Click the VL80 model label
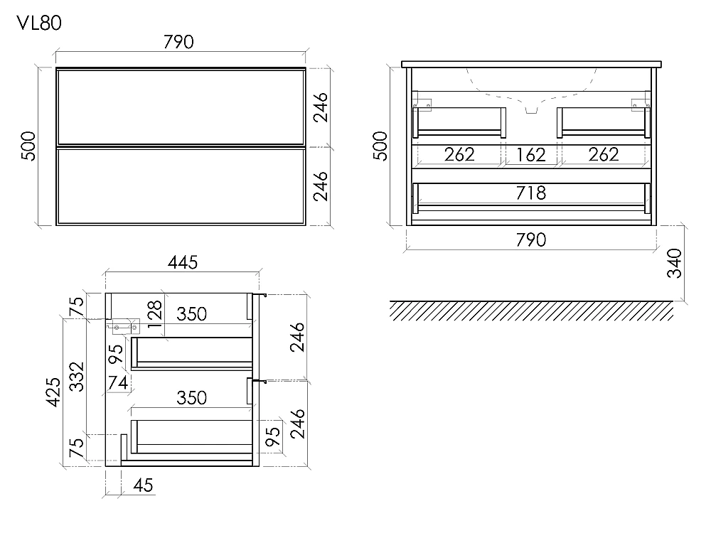pos(39,23)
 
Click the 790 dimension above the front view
pos(178,42)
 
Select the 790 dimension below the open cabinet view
pos(531,239)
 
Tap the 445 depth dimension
pos(183,262)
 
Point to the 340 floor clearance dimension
pos(675,263)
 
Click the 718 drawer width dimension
pos(531,193)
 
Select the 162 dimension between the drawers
pos(531,155)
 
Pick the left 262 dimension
pos(459,154)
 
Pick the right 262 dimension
pos(604,154)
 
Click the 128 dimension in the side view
pos(154,313)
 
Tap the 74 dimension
pos(117,383)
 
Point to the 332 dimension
pos(77,377)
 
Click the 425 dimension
pos(53,392)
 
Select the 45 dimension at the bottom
pos(144,485)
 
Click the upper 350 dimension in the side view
pos(191,314)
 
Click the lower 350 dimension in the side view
pos(191,398)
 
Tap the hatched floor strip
pos(531,311)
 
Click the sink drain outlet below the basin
pos(531,110)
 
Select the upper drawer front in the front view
pos(181,107)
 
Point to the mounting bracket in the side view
pos(123,326)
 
